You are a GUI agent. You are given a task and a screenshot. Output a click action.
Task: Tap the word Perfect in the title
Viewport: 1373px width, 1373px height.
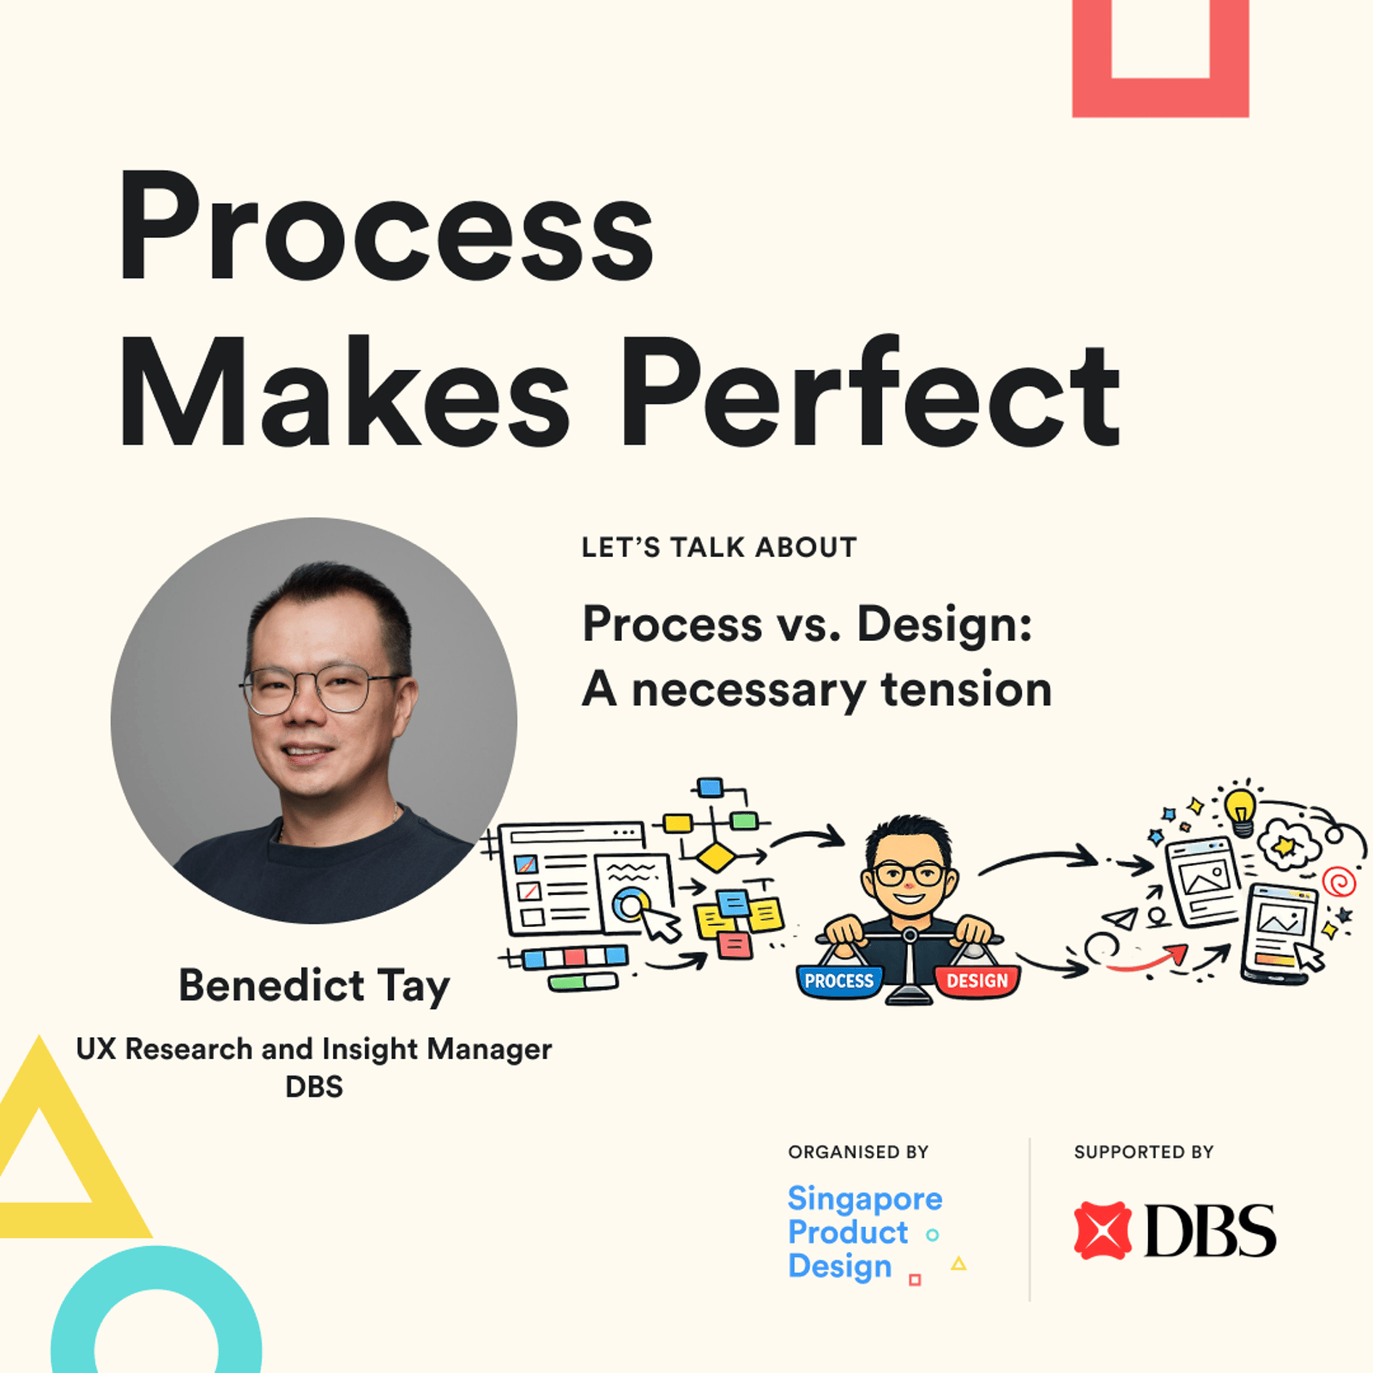(x=870, y=392)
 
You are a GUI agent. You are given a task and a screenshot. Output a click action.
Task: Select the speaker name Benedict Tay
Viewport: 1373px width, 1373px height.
(x=314, y=985)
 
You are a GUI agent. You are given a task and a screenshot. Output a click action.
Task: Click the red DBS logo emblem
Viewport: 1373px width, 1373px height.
(x=1102, y=1231)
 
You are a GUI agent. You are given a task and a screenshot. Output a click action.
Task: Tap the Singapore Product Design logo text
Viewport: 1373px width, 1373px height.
(x=865, y=1232)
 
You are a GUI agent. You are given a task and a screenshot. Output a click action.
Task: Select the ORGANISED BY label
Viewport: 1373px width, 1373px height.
(x=858, y=1152)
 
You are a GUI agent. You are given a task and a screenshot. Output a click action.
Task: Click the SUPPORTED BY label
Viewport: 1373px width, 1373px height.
(x=1144, y=1152)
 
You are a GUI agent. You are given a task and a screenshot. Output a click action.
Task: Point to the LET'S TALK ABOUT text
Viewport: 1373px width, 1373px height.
(x=719, y=547)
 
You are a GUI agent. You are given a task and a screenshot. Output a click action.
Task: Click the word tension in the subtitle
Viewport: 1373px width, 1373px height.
(x=966, y=689)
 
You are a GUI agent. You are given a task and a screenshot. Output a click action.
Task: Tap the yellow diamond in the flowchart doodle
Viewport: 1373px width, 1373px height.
(x=715, y=856)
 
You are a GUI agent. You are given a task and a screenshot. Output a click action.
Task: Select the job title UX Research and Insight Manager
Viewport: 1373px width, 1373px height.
(x=314, y=1049)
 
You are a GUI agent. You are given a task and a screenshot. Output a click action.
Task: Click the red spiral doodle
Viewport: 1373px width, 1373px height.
(x=1340, y=881)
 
